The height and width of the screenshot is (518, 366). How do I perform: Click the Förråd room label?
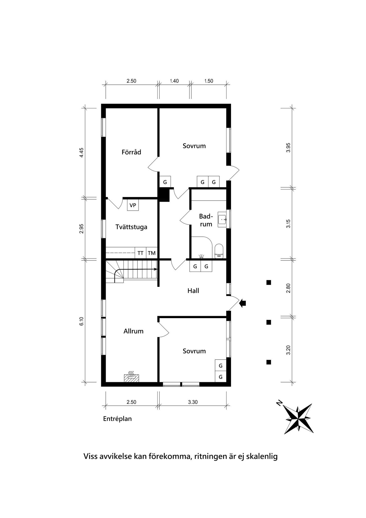131,152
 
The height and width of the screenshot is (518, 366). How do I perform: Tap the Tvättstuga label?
131,227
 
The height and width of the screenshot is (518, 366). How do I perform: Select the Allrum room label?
133,331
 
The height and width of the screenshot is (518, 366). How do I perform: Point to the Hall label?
193,291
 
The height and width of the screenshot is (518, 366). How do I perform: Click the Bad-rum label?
206,220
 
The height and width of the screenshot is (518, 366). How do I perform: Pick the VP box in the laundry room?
133,205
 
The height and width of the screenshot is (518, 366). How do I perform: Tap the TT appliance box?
141,253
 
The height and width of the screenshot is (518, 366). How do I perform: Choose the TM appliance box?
152,253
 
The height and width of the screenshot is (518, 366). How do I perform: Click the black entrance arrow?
243,303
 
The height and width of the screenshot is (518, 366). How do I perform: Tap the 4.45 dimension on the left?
81,153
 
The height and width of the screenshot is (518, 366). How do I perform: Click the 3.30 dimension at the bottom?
193,402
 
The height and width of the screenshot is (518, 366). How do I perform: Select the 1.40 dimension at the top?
174,81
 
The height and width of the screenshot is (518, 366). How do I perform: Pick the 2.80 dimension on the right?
288,288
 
